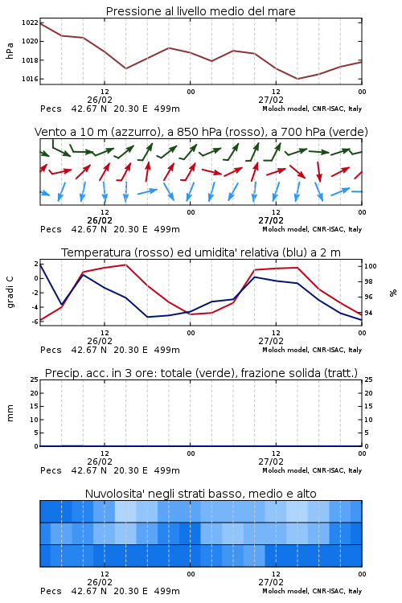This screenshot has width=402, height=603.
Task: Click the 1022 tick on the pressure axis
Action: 30,23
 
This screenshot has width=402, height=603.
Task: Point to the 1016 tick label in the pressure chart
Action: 30,80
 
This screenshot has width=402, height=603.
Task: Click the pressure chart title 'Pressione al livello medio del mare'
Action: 201,11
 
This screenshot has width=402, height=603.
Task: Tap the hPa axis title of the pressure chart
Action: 10,51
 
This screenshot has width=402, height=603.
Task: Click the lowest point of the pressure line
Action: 297,79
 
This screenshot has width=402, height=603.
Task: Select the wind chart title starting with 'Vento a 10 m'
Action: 201,132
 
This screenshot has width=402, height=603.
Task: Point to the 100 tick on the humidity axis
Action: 371,266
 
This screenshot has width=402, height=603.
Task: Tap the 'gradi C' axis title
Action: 10,292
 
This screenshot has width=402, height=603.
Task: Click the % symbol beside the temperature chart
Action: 393,293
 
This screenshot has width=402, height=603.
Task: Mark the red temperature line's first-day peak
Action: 125,265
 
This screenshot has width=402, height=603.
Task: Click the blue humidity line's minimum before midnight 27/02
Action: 147,317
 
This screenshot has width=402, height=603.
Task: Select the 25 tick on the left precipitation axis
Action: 35,379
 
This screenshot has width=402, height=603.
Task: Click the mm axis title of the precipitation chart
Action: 10,413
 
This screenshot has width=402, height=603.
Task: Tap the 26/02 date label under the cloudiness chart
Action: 100,582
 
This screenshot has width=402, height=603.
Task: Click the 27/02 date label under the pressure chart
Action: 271,100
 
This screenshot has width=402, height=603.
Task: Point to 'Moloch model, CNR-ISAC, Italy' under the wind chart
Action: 312,229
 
